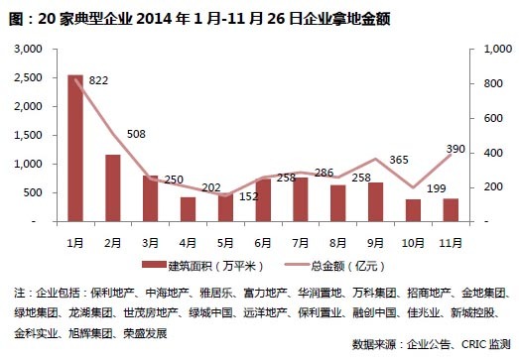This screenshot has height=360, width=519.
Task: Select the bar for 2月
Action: pyautogui.click(x=113, y=188)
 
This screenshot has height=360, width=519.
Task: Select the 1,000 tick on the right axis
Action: pyautogui.click(x=492, y=49)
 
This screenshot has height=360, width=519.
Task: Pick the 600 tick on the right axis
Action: pyautogui.click(x=490, y=118)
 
